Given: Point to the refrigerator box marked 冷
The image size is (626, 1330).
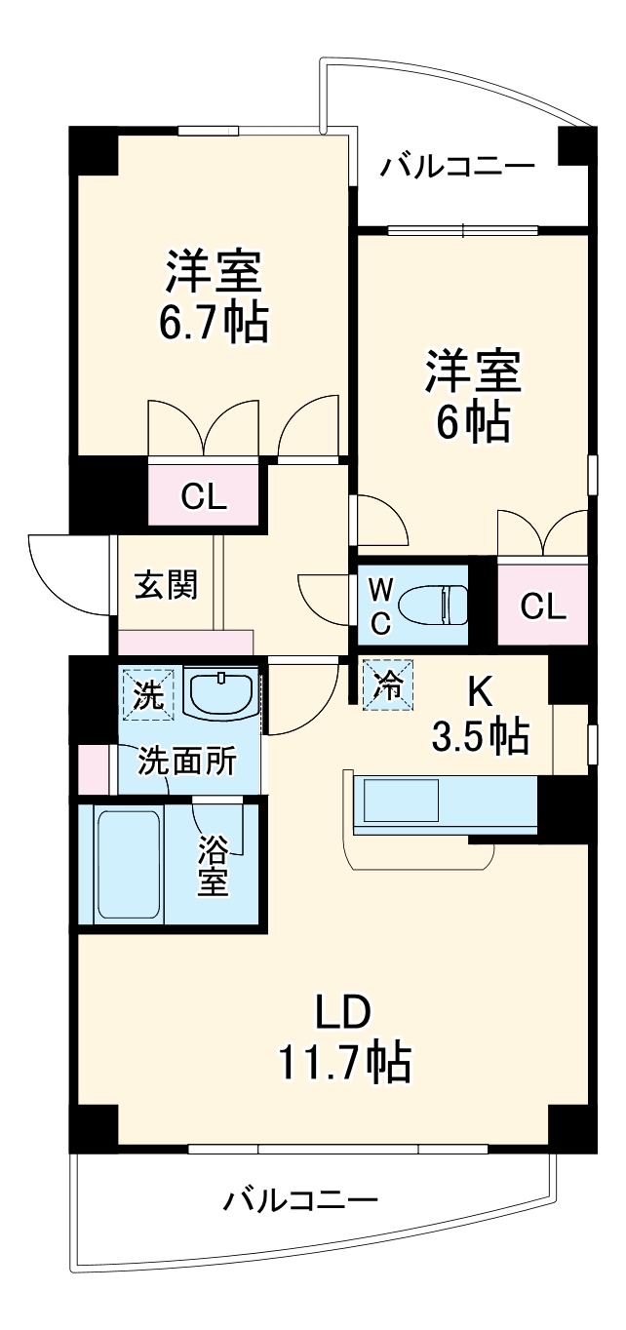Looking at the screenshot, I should (x=387, y=685).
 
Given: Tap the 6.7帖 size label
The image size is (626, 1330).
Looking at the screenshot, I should (x=214, y=323).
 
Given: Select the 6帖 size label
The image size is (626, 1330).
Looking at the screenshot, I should (x=472, y=422).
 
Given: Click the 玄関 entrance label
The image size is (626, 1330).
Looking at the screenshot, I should (x=166, y=586).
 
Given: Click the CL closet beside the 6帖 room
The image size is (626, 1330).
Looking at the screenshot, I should (x=542, y=606).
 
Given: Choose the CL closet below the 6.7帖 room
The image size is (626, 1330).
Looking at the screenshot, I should (x=204, y=497).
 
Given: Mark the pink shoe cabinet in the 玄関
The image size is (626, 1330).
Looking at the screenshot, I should (x=185, y=642).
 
